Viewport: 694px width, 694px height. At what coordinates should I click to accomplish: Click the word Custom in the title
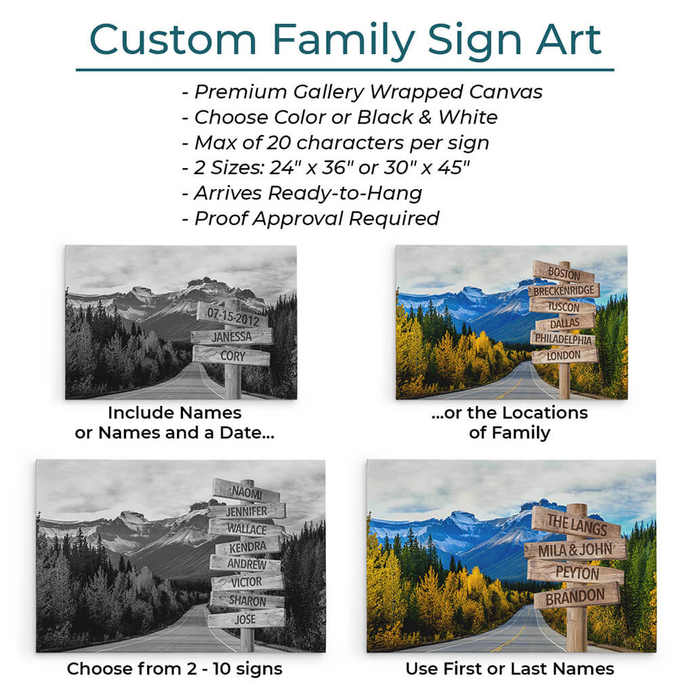click(173, 40)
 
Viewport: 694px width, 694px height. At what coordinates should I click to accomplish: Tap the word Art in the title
click(569, 40)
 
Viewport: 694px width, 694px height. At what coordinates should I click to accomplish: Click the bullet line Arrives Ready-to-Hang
click(302, 193)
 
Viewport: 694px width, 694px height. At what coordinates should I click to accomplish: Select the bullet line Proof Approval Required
click(310, 219)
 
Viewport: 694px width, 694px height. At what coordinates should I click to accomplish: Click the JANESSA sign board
click(232, 337)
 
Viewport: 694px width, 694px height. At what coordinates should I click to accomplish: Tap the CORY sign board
click(232, 355)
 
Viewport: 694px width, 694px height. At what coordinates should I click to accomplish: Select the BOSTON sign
click(564, 272)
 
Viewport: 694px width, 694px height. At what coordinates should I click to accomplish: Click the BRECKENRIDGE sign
click(564, 291)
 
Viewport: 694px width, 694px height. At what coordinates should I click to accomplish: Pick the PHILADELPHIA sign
click(563, 339)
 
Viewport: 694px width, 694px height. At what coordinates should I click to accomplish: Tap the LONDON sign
click(565, 355)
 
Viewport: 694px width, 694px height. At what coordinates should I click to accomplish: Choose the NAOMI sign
click(247, 491)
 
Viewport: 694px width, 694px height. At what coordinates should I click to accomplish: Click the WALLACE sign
click(246, 529)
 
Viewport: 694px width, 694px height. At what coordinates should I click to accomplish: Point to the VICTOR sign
click(247, 582)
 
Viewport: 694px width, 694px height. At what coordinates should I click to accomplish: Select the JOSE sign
click(245, 619)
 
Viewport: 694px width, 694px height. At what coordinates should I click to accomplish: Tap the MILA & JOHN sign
click(575, 550)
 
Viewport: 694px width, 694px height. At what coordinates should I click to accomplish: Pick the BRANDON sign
click(576, 596)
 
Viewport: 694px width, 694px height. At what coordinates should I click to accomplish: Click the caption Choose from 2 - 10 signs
click(174, 669)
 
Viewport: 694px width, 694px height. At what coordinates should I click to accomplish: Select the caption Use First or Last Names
click(510, 669)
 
